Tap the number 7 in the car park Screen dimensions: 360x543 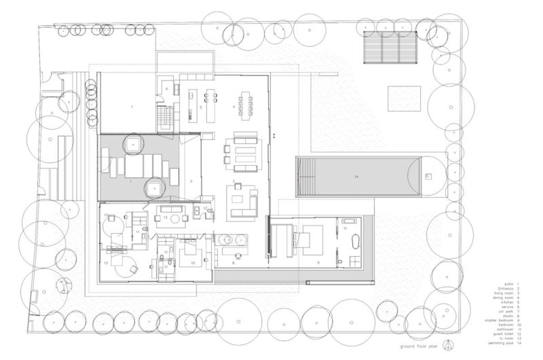coord(132,107)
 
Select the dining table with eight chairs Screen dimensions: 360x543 coord(246,104)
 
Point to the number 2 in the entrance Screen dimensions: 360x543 coord(192,182)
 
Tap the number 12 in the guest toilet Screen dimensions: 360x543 coord(205,208)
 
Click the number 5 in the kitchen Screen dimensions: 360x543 coord(201,107)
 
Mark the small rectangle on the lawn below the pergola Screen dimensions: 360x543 coord(404,99)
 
